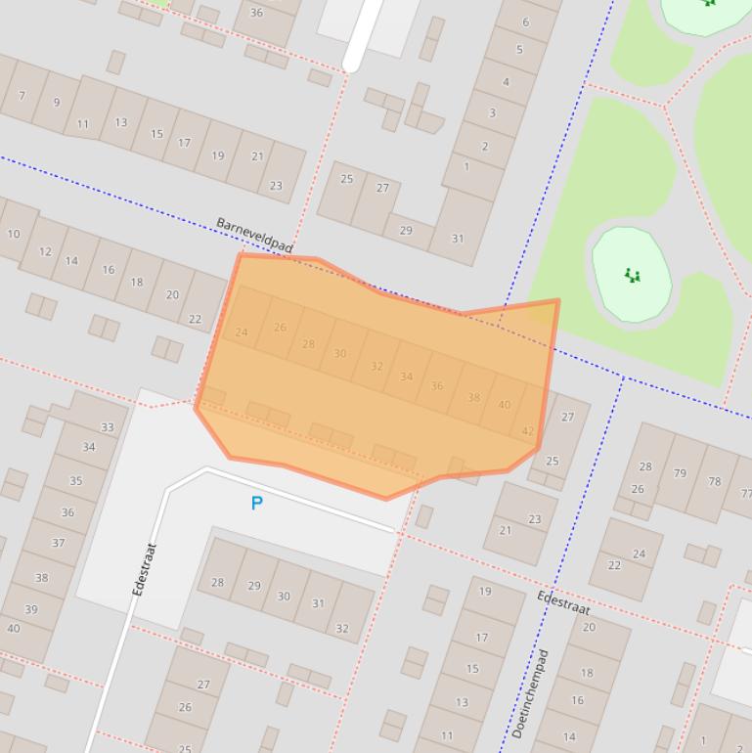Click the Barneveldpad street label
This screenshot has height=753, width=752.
click(x=253, y=236)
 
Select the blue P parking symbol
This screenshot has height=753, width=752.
click(x=256, y=503)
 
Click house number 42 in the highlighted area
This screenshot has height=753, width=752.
click(x=528, y=430)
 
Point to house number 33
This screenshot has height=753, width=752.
click(x=107, y=426)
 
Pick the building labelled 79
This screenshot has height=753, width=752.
click(x=680, y=474)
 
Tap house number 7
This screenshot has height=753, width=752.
click(x=22, y=96)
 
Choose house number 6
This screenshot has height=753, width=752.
click(x=525, y=22)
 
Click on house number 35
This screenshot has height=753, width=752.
click(x=75, y=480)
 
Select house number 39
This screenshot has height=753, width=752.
click(x=30, y=608)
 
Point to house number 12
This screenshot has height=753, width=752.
click(x=45, y=251)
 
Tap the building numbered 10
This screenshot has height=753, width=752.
click(x=13, y=234)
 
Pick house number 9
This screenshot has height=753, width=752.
click(x=56, y=102)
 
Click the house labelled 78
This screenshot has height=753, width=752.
click(x=714, y=481)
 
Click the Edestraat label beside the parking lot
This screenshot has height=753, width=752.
click(x=145, y=569)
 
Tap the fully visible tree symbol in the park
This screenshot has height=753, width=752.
click(x=633, y=276)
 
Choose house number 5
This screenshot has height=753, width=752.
click(x=519, y=50)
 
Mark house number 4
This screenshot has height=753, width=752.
click(x=506, y=82)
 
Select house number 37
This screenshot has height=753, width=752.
click(x=58, y=543)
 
